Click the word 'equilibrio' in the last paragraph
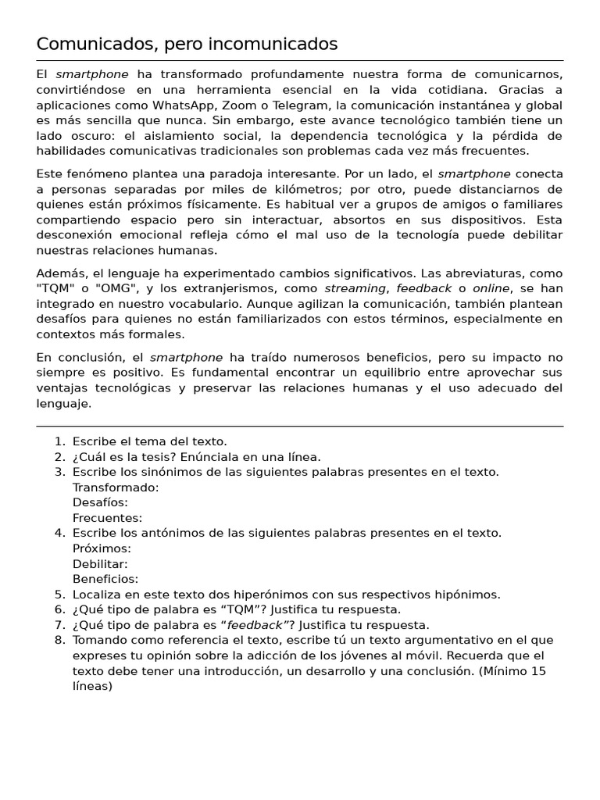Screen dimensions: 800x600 tap(446, 373)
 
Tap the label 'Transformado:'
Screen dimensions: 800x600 tap(116, 487)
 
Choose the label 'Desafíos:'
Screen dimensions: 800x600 tap(100, 502)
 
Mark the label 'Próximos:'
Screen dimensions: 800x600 tap(102, 548)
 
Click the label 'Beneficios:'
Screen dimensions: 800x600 tap(105, 579)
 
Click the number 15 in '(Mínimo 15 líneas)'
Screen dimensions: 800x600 tap(537, 671)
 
